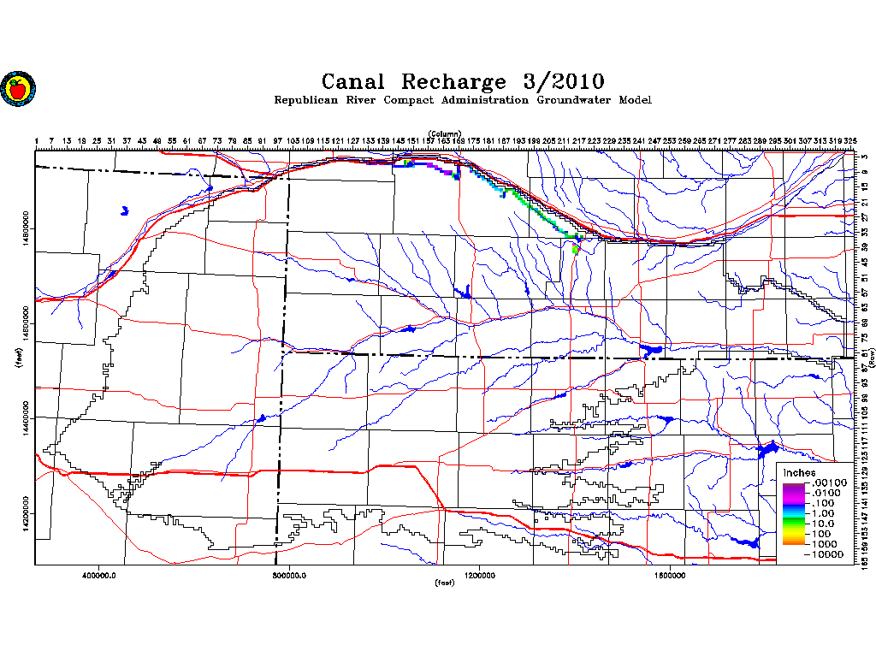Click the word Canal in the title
coord(353,82)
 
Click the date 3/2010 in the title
coord(563,82)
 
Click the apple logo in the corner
coord(16,87)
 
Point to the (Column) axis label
coord(445,133)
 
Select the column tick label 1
coord(37,140)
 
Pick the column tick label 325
coord(850,140)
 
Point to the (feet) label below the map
coord(444,583)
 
